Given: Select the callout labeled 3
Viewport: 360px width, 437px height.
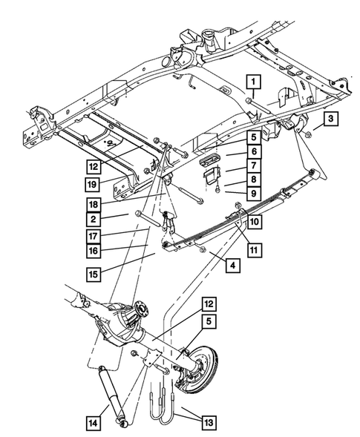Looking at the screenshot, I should [330, 119].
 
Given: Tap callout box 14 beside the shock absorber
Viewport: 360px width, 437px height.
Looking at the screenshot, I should [95, 423].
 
